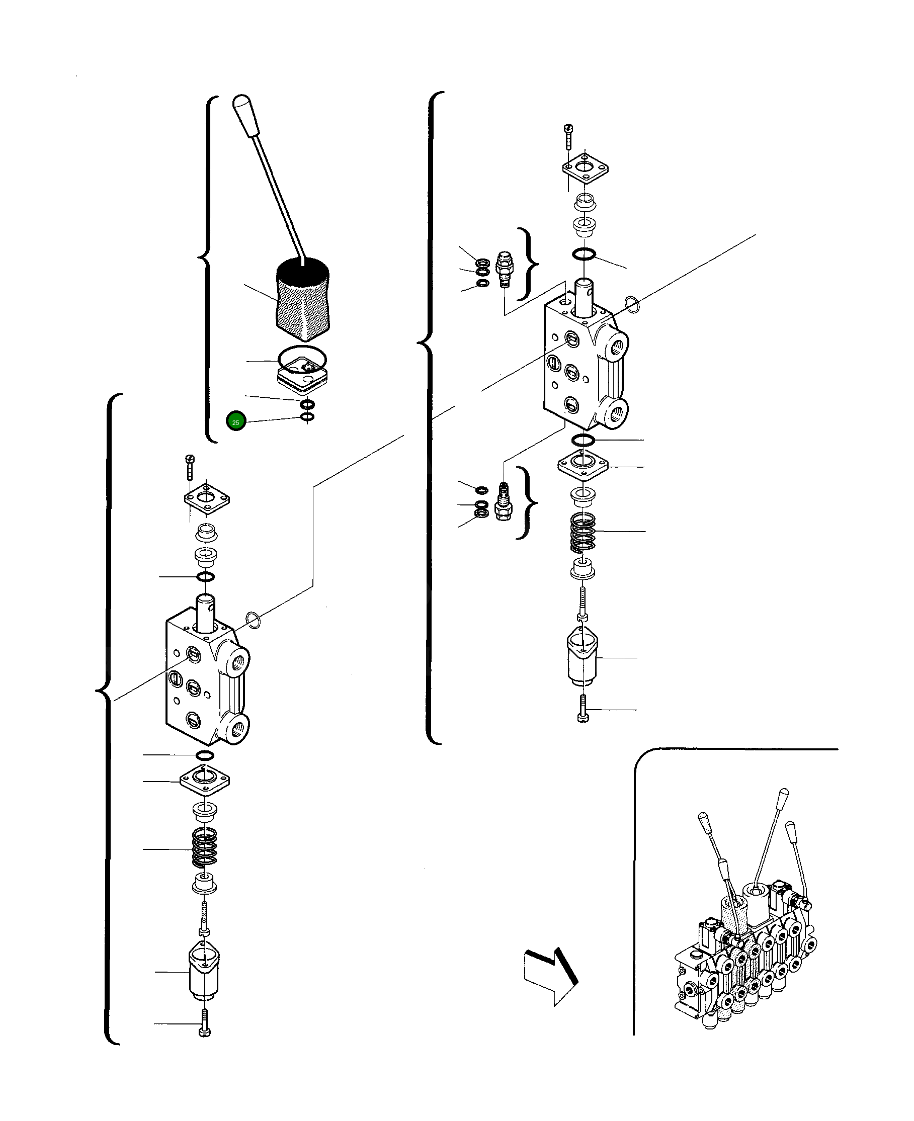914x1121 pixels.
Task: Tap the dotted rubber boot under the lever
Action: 303,300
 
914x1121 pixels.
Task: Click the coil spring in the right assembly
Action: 583,532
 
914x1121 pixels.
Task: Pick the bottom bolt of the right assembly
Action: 583,709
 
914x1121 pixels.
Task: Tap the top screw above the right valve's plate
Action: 568,136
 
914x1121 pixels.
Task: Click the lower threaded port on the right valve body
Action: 617,411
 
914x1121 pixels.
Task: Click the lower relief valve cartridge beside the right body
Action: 503,501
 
